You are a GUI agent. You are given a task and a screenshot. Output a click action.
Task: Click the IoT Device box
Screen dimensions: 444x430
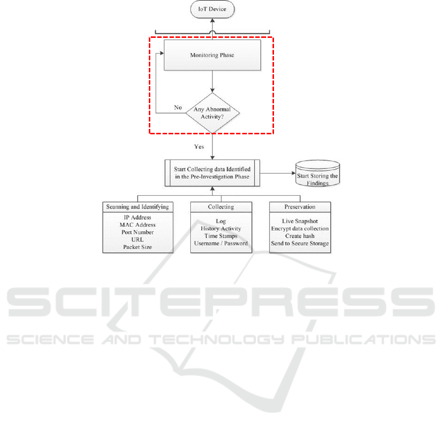[x=213, y=9]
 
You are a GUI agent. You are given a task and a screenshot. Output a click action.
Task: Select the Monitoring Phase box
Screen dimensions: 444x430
[x=212, y=56]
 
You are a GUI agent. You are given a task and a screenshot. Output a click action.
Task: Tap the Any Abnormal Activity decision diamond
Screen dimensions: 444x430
[x=212, y=113]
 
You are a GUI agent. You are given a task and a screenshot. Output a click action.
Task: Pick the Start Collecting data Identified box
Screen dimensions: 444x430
[x=212, y=173]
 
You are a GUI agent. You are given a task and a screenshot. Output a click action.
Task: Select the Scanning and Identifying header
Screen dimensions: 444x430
[x=137, y=207]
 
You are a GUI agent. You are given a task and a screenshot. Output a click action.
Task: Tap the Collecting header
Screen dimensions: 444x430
[x=221, y=207]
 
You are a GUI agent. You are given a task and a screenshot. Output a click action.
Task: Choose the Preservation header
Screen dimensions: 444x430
[x=300, y=207]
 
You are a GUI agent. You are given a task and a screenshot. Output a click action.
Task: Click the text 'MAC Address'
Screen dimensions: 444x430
[x=138, y=225]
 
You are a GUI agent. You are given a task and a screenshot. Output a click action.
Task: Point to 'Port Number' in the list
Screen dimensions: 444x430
[x=138, y=232]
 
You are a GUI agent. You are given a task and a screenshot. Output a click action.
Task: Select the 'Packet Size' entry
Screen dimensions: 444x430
[x=138, y=246]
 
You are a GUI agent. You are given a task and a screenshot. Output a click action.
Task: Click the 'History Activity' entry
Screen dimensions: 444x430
[x=221, y=229]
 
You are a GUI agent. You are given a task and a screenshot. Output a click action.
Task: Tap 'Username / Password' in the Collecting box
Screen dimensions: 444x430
[x=221, y=243]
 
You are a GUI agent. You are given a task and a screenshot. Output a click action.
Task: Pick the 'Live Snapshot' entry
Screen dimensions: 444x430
[x=300, y=221]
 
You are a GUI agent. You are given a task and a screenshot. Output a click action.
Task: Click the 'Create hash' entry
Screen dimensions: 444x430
[x=300, y=236]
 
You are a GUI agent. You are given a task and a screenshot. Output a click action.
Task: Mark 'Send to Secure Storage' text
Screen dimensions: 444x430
[x=300, y=243]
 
